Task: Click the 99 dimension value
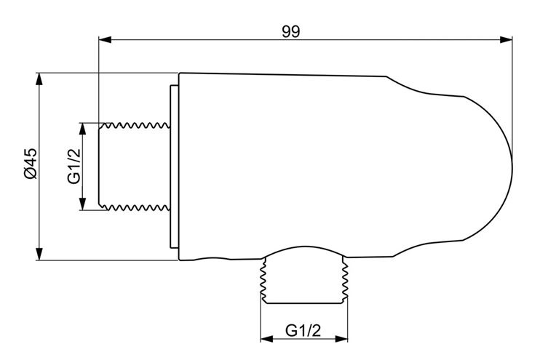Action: [291, 31]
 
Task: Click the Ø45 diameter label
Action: [30, 164]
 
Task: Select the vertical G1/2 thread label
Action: [74, 166]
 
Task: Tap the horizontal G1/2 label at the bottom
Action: [303, 331]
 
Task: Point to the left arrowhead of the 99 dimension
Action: [105, 40]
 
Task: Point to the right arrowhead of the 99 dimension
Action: [506, 40]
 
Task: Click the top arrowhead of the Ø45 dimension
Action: [39, 79]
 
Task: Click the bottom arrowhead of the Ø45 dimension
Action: [39, 254]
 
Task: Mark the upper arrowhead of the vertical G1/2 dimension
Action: [83, 129]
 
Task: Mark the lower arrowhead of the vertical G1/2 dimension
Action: [83, 204]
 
